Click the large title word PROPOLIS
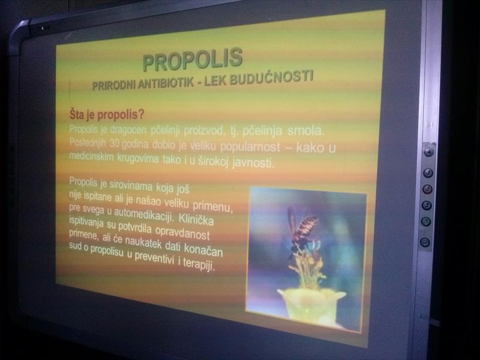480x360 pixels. (x=193, y=59)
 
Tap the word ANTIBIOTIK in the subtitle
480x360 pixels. (x=166, y=83)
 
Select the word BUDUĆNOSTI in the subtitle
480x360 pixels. (x=272, y=77)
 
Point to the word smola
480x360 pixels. (x=306, y=131)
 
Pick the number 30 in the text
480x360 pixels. (x=114, y=143)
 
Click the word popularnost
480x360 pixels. (x=250, y=146)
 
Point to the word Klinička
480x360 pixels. (x=196, y=219)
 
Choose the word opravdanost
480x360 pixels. (x=182, y=232)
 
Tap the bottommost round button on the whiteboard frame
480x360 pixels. (x=425, y=242)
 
